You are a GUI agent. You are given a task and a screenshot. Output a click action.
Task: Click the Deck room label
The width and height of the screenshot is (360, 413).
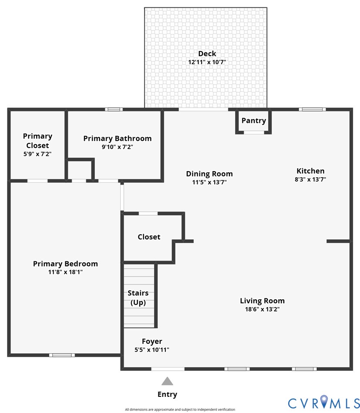[207, 54]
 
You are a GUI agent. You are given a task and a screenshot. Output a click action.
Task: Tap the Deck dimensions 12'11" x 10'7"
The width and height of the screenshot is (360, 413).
[207, 62]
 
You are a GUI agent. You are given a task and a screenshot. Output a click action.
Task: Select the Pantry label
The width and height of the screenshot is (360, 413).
[253, 121]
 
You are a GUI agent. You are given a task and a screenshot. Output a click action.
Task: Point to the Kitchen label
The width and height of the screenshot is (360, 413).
[310, 171]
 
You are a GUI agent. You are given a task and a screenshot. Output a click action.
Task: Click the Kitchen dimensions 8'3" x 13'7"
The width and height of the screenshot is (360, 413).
[310, 179]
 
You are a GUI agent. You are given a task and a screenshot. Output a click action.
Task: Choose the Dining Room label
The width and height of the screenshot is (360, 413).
[209, 174]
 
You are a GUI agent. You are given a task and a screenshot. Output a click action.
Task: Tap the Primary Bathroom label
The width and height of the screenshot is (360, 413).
[117, 139]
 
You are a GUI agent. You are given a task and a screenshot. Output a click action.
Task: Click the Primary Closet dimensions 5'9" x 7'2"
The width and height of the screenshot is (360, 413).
[37, 154]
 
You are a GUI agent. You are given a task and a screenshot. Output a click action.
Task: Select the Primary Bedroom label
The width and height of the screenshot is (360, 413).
[65, 264]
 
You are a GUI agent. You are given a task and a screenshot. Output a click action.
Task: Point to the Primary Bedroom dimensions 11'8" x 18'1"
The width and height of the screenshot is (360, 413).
[65, 272]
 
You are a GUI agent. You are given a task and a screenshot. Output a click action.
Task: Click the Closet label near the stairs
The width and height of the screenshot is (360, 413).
[149, 237]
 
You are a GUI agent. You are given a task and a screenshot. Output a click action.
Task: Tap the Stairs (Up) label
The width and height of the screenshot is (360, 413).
[138, 298]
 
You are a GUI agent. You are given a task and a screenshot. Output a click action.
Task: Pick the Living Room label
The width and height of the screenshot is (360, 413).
[262, 301]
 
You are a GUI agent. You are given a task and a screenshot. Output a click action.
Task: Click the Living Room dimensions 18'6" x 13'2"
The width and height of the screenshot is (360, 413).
[262, 309]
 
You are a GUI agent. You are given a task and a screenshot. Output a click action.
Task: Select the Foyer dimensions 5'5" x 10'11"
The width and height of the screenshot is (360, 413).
[152, 349]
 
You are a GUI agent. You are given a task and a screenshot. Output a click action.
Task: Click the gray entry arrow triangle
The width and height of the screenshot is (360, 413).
[167, 382]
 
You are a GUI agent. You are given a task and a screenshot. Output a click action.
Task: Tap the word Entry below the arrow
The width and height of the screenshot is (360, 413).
[167, 395]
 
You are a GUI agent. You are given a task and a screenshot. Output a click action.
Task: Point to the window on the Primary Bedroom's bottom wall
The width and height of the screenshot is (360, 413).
[62, 355]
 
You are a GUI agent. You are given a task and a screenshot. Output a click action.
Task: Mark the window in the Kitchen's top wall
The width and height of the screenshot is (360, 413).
[312, 109]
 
